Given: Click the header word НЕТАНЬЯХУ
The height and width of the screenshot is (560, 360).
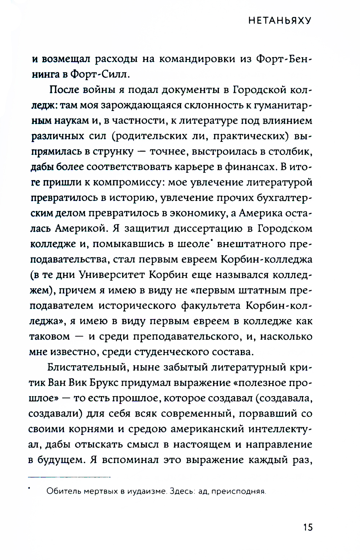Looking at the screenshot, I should tap(280, 21).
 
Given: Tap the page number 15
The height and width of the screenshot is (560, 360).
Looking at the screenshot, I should tap(307, 527).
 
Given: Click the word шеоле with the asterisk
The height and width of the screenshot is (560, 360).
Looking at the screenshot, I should tap(193, 244).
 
